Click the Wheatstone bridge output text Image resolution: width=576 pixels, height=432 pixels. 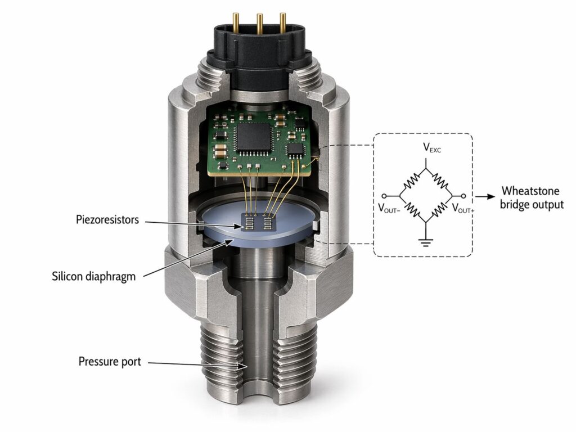tap(532, 197)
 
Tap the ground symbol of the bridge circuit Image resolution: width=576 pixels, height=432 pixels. tap(425, 244)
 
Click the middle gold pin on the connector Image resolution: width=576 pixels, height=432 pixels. tap(260, 22)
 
